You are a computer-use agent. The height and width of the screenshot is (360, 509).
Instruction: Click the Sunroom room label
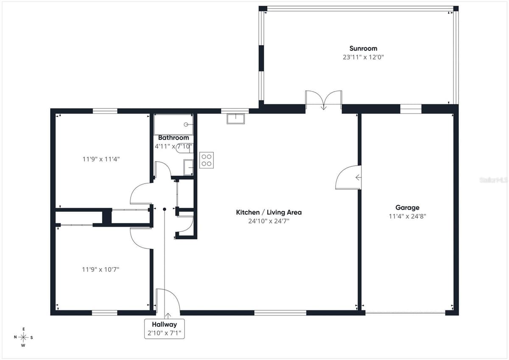363,48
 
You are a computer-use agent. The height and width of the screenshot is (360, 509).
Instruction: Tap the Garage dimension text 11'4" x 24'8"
408,216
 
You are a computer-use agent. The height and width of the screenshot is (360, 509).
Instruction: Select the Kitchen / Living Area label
269,212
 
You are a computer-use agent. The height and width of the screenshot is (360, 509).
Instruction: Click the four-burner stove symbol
207,160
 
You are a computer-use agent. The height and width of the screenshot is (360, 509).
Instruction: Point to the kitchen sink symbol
236,119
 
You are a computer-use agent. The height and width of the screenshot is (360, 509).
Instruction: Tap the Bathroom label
173,138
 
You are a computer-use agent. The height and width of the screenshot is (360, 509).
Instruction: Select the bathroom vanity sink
188,167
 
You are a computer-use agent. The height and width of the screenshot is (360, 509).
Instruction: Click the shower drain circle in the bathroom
186,124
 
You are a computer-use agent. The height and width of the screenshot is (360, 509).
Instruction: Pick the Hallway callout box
165,329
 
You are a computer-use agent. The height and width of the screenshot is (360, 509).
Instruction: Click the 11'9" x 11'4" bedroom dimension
101,159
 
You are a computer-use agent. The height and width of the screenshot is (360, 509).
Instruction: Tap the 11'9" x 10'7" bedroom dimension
101,270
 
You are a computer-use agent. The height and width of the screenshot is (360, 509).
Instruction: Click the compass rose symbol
23,337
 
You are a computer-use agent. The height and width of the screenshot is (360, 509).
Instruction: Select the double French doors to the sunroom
324,100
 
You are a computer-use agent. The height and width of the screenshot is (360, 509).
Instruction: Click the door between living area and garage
348,177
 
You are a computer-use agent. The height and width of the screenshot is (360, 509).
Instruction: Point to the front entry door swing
168,300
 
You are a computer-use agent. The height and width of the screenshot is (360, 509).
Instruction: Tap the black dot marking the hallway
165,209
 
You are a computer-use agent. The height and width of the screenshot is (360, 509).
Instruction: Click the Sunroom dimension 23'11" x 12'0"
363,57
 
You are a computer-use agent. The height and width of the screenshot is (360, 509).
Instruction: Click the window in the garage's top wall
411,109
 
